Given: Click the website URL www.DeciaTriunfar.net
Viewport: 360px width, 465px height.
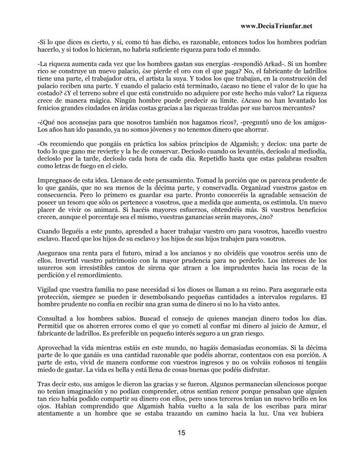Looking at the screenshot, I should coord(276,26).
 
